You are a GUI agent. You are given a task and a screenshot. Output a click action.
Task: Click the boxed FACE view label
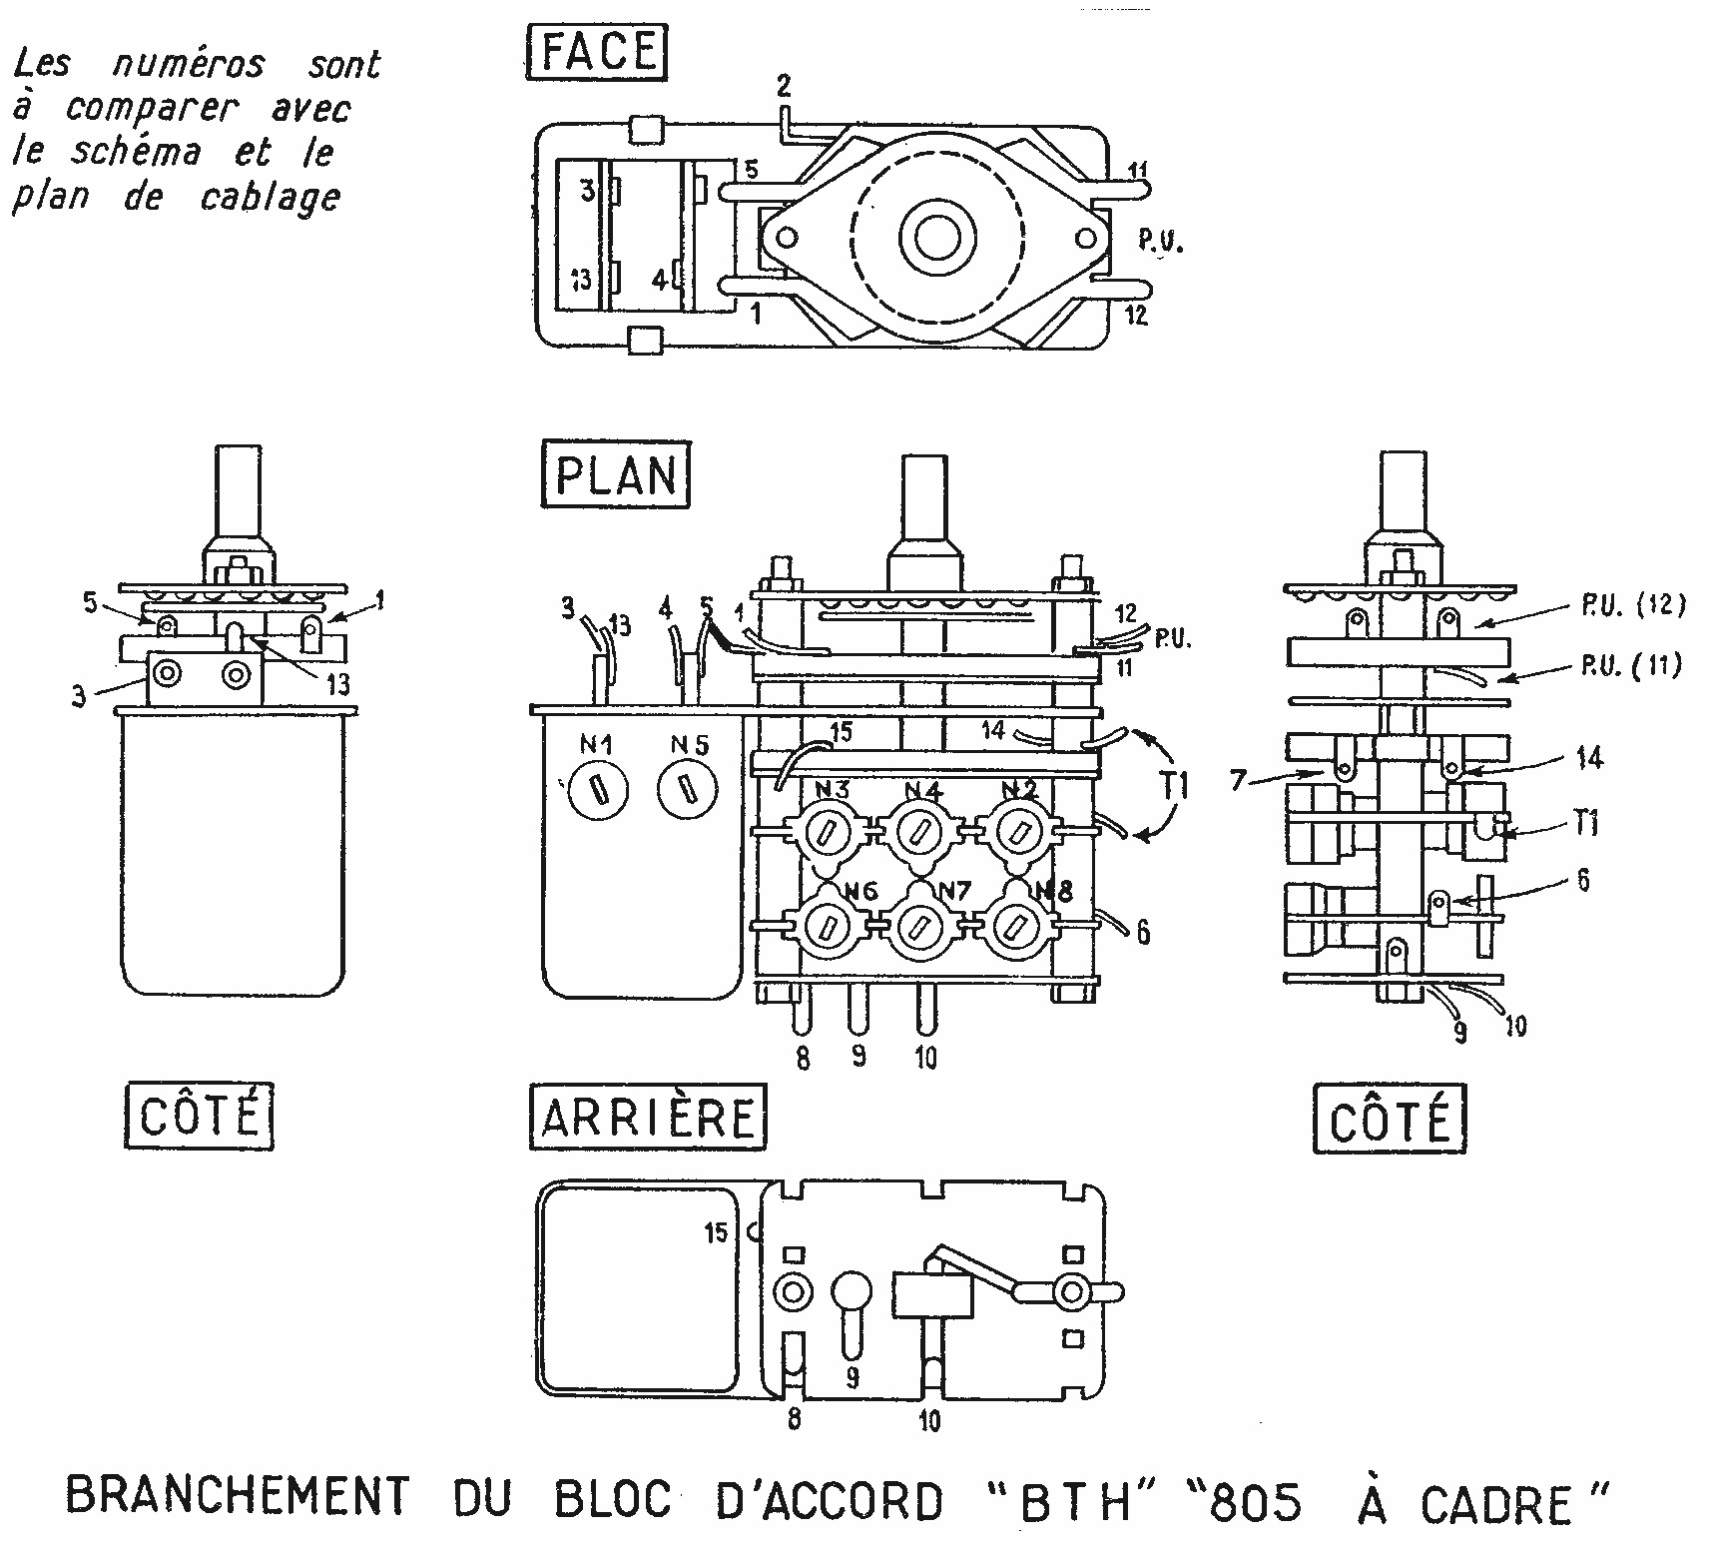click(x=597, y=52)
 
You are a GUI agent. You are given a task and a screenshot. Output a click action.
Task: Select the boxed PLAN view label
click(x=615, y=475)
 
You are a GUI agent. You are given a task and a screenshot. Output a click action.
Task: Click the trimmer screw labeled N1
click(x=596, y=791)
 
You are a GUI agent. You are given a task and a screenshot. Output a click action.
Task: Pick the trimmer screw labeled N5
click(x=688, y=791)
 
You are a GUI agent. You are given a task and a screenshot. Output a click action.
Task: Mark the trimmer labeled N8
click(x=1012, y=925)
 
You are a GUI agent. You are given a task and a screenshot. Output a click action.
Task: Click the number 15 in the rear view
click(x=716, y=1232)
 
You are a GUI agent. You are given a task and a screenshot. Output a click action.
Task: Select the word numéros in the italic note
click(x=189, y=64)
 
